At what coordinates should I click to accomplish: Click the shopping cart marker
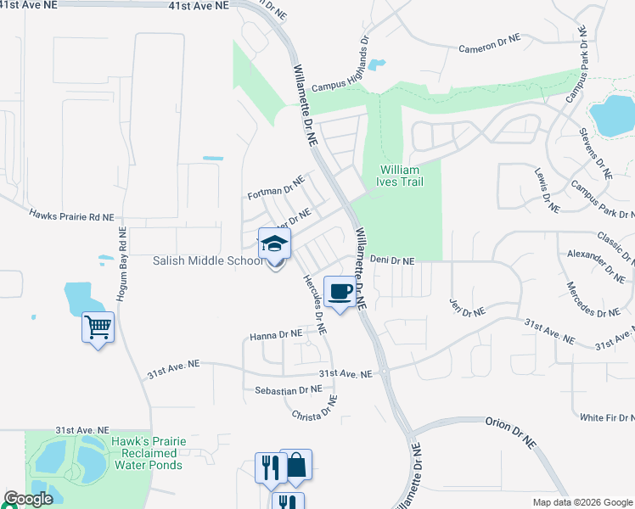click(x=98, y=327)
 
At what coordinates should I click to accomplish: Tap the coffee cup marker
click(x=340, y=292)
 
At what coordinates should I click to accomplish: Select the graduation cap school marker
click(x=274, y=244)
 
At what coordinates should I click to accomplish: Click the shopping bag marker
click(x=295, y=466)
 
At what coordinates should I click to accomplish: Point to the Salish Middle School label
click(x=209, y=260)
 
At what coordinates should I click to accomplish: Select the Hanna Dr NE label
click(x=276, y=336)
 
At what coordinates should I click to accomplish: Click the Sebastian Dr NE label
click(x=289, y=389)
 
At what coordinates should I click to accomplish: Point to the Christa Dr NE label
click(x=315, y=415)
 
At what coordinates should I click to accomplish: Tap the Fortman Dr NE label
click(x=275, y=187)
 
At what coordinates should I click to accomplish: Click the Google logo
click(x=28, y=499)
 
